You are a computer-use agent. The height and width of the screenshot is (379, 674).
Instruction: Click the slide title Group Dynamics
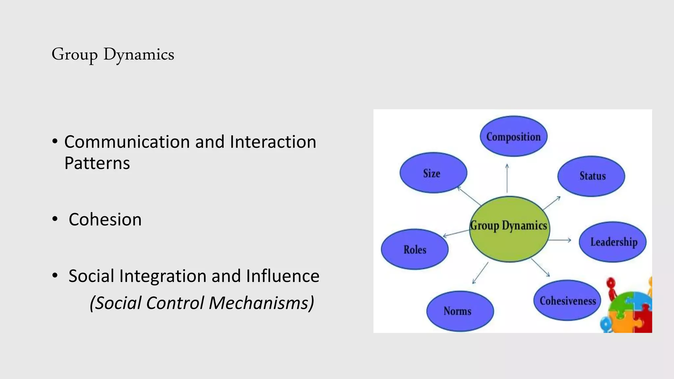point(113,54)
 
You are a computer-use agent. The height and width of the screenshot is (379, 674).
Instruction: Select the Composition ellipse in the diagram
point(513,136)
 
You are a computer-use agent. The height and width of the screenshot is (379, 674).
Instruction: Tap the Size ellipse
point(433,173)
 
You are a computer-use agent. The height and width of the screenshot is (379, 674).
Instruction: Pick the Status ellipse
point(591,176)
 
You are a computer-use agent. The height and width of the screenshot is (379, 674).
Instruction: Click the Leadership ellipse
point(613,242)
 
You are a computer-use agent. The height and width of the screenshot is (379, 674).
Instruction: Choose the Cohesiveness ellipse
point(567,300)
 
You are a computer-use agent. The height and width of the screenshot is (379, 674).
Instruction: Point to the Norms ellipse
point(460,311)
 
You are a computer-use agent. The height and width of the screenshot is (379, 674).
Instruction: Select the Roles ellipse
point(415,249)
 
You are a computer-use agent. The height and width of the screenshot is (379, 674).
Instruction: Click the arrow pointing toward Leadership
point(559,240)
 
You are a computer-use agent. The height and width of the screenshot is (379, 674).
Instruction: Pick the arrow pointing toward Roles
point(456,233)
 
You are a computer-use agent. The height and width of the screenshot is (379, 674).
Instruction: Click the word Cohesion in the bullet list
point(105,219)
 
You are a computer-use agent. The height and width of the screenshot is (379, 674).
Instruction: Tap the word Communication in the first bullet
point(126,142)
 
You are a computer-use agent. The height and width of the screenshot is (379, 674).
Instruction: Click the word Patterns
point(97,163)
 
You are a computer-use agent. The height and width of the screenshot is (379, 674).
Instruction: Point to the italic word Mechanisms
point(261,303)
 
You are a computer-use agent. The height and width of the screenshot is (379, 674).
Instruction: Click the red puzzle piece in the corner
point(643,321)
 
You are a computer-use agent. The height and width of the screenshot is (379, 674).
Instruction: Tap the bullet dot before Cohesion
point(55,219)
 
